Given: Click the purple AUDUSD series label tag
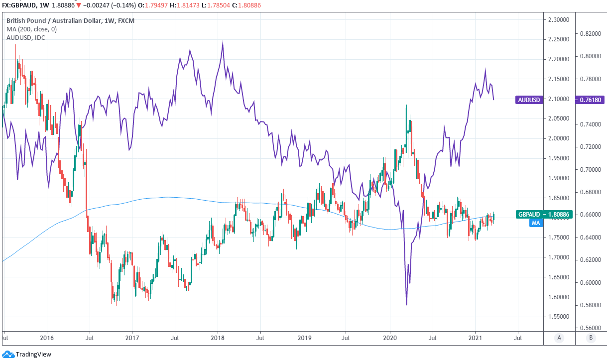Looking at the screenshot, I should pos(528,100).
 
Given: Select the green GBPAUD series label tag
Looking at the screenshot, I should pos(529,215).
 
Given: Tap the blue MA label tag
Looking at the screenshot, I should pos(535,224).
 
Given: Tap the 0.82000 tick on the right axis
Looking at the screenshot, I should pos(591,34).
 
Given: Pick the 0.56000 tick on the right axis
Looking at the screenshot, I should pos(591,328).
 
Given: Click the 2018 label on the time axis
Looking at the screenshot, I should pos(217,338).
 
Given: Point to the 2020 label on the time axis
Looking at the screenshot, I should pos(389,338).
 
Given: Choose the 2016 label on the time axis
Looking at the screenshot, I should pos(46,338).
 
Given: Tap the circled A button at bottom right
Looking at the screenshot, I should pos(559,338).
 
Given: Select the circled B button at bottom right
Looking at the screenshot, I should pos(591,338).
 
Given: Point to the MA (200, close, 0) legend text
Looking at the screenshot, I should pos(31,29).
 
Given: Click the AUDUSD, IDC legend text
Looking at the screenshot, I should pos(25,38).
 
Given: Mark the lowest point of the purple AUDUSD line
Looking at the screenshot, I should pos(407,305).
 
